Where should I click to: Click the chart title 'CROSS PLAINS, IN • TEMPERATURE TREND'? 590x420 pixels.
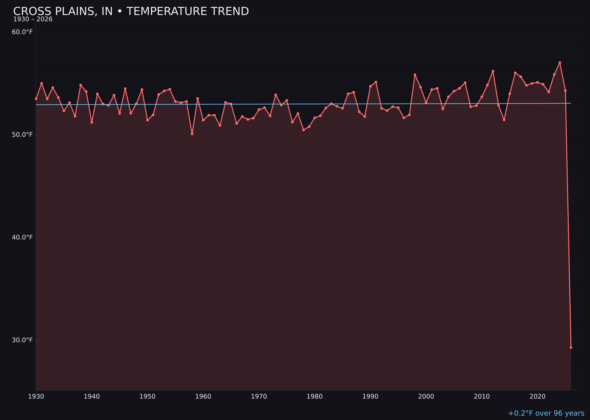pyautogui.click(x=131, y=11)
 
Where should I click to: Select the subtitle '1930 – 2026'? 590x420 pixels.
pyautogui.click(x=33, y=19)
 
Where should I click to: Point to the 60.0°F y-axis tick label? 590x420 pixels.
pyautogui.click(x=22, y=32)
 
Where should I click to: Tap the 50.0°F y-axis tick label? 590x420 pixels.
pyautogui.click(x=22, y=135)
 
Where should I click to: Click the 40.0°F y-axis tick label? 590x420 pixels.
pyautogui.click(x=22, y=237)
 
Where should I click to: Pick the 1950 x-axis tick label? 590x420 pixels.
pyautogui.click(x=147, y=397)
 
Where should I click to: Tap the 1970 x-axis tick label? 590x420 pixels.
pyautogui.click(x=259, y=397)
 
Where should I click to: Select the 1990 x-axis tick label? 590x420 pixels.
pyautogui.click(x=370, y=397)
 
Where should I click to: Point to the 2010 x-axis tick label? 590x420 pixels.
pyautogui.click(x=482, y=397)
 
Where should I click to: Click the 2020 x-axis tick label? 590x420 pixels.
pyautogui.click(x=537, y=397)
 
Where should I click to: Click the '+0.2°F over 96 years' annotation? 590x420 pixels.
pyautogui.click(x=546, y=413)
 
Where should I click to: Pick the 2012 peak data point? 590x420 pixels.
pyautogui.click(x=493, y=71)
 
